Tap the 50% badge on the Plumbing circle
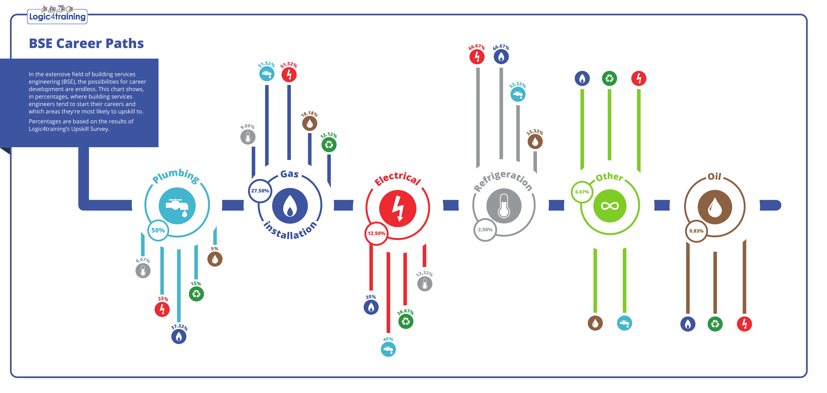pos(158,230)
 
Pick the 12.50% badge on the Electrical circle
pos(376,233)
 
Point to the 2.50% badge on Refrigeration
pos(485,230)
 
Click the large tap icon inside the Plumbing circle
pos(177,206)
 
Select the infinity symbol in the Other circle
pos(609,206)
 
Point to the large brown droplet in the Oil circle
pos(715,207)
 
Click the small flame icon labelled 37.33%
pos(179,337)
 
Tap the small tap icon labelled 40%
pos(388,349)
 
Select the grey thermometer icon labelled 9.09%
pos(248,137)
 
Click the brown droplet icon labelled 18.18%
pos(309,123)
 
